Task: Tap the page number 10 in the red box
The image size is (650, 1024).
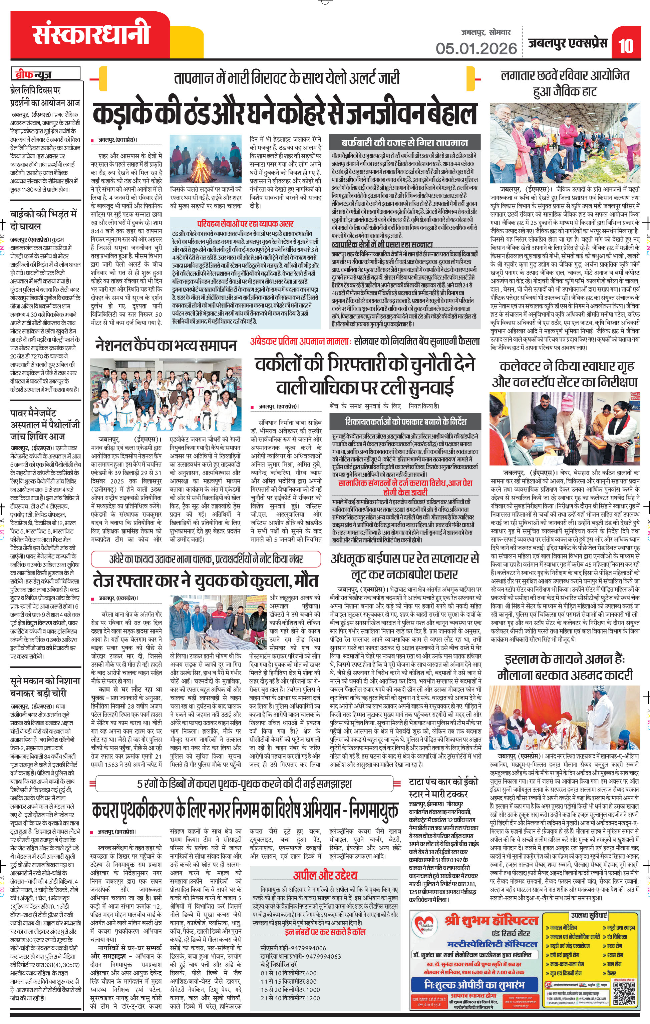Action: (x=625, y=45)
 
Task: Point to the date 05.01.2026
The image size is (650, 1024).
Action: (x=475, y=48)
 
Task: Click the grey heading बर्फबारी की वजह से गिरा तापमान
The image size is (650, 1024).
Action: (x=404, y=142)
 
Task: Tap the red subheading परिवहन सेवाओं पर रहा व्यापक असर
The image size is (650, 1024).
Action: (x=245, y=224)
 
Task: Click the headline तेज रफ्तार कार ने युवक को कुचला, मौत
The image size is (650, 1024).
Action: (x=206, y=581)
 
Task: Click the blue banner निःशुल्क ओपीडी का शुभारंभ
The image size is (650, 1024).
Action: (x=474, y=984)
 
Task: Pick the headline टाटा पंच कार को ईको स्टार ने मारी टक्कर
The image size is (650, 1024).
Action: (x=443, y=787)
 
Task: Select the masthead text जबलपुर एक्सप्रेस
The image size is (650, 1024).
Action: (x=568, y=43)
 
